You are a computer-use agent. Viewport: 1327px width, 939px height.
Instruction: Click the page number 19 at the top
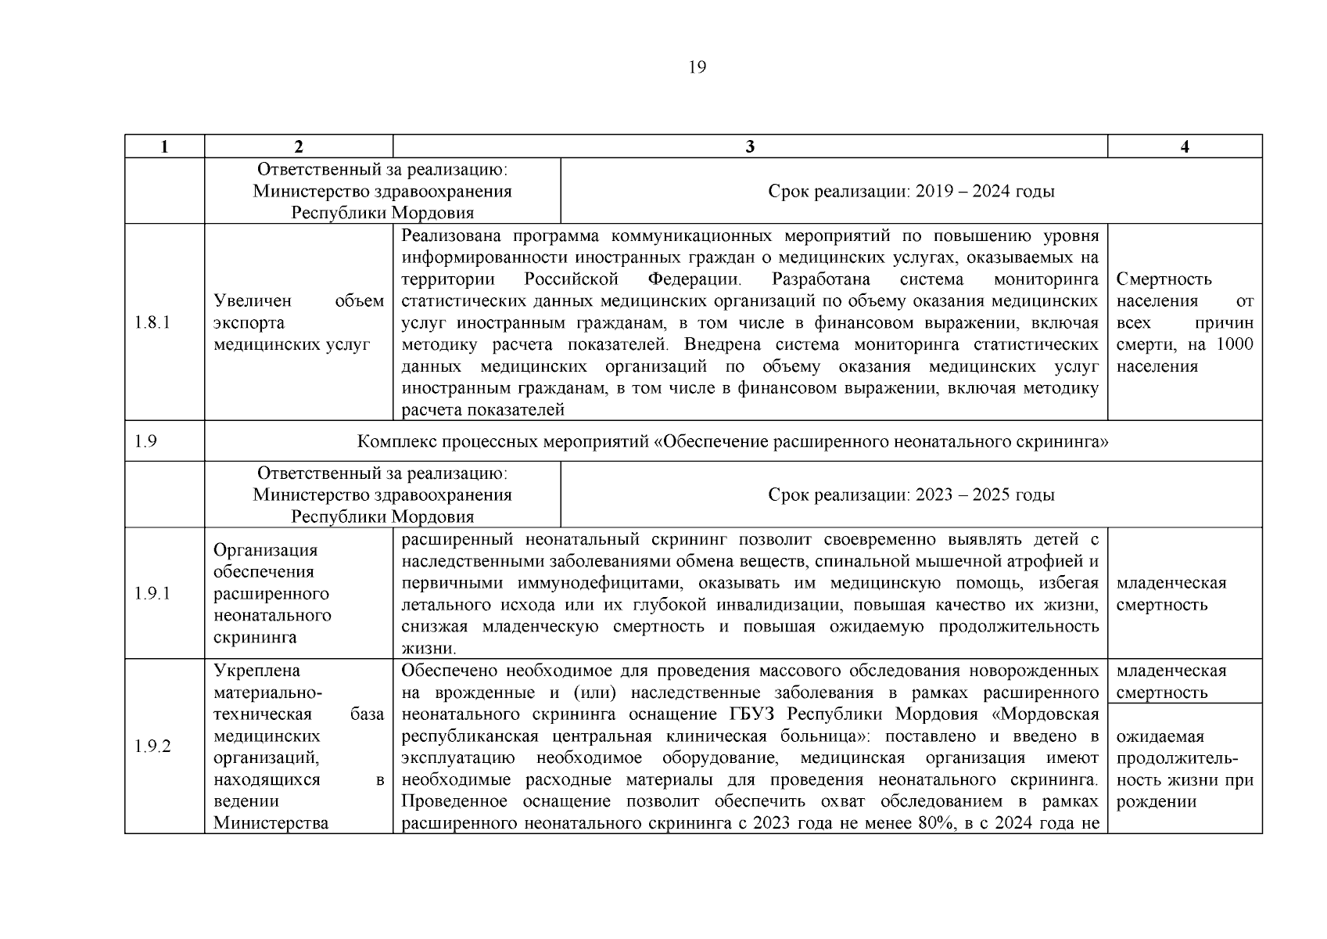[x=697, y=67]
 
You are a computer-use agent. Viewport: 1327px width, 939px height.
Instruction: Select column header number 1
[x=164, y=147]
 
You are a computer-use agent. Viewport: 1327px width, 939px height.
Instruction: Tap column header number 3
[x=750, y=147]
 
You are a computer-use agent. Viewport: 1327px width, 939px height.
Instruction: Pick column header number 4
[x=1185, y=147]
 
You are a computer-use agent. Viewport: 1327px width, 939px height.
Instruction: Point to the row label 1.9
[x=145, y=441]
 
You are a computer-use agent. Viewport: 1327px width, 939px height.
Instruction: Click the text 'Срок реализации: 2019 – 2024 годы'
[x=911, y=192]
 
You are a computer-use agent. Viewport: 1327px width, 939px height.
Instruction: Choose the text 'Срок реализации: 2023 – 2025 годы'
[x=911, y=495]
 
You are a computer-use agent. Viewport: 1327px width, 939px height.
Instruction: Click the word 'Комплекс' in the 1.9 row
[x=393, y=442]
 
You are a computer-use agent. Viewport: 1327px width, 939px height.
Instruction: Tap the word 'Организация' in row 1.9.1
[x=265, y=550]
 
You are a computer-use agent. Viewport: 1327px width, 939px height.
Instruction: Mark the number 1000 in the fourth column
[x=1235, y=345]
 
